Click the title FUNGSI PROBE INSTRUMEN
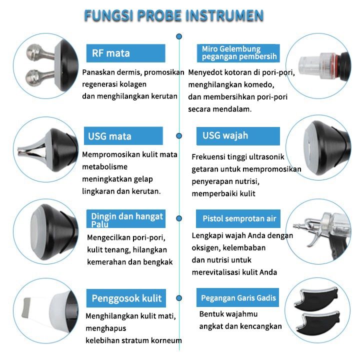(174, 15)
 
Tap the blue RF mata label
(125, 53)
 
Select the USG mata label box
(123, 136)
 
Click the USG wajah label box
(238, 136)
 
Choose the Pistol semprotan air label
(238, 218)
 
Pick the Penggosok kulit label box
(126, 298)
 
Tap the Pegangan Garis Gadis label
(237, 297)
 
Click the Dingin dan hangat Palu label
(126, 218)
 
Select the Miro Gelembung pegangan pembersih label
(238, 53)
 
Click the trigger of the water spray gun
(315, 240)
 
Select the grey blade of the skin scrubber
(26, 307)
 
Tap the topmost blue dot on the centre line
(179, 36)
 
